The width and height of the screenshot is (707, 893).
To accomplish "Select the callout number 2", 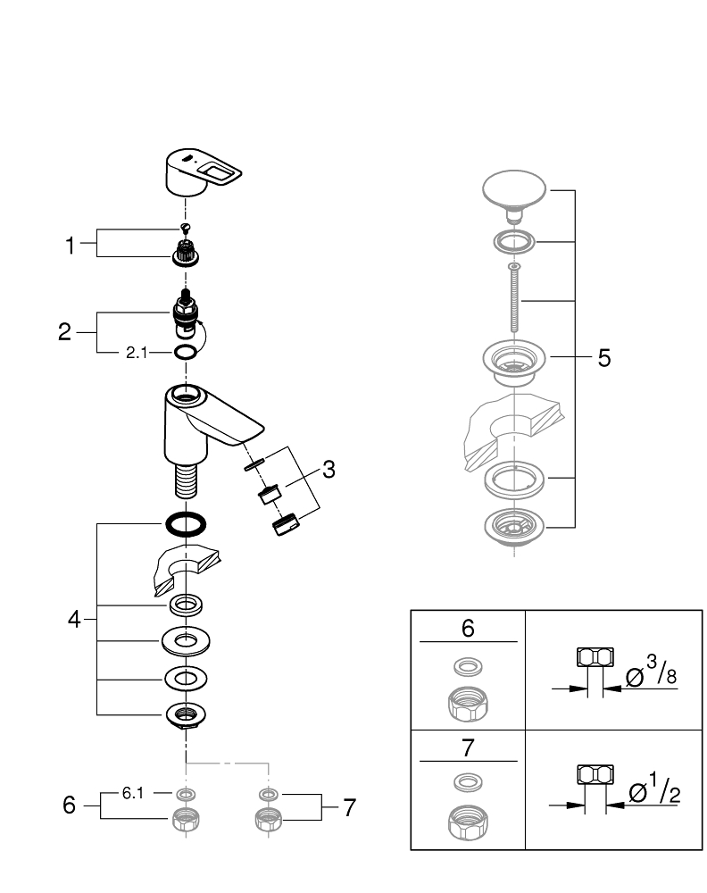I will coord(64,332).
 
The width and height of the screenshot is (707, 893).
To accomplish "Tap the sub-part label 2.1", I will coord(136,354).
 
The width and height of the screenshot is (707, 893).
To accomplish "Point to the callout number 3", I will coord(329,469).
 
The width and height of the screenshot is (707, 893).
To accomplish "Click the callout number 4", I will coord(75,618).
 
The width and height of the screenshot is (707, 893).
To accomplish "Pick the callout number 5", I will coord(604,359).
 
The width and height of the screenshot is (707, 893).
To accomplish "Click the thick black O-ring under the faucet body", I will coord(187,523).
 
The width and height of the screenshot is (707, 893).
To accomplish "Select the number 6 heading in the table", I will coord(468,628).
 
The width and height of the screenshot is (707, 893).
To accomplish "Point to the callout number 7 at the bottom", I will coord(349,808).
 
